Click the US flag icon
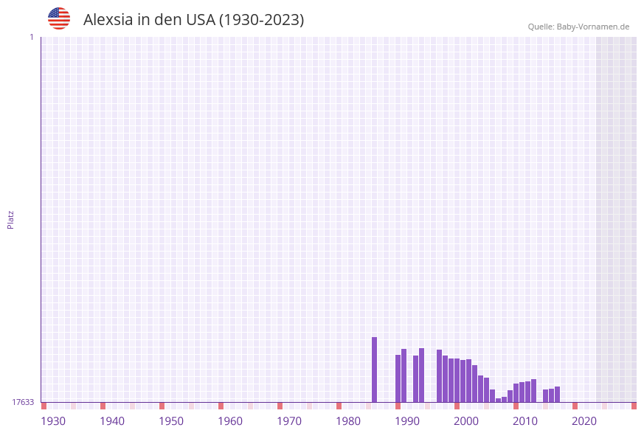tap(59, 18)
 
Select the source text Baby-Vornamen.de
tap(593, 27)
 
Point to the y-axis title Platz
tap(11, 219)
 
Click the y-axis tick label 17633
tap(23, 402)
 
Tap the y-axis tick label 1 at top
tap(31, 37)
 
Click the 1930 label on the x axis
tap(53, 421)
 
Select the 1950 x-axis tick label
tap(171, 421)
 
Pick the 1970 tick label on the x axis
tap(289, 421)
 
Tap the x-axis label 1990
tap(407, 421)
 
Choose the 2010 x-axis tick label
tap(525, 421)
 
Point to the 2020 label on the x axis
tap(584, 421)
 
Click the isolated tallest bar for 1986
tap(374, 370)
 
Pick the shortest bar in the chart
tap(498, 400)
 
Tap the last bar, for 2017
tap(557, 394)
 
